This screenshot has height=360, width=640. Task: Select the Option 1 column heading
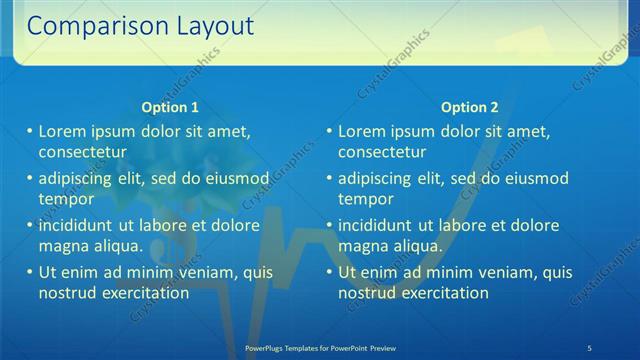[170, 108]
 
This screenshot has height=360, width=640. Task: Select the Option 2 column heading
[470, 108]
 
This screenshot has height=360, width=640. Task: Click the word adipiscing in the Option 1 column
[78, 179]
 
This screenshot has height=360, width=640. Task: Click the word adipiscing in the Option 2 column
[378, 179]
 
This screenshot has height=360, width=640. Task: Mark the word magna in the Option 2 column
[362, 246]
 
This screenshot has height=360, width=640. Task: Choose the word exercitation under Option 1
[139, 293]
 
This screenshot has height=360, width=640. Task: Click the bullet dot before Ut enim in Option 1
[30, 272]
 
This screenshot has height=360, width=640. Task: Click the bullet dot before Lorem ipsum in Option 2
[330, 132]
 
